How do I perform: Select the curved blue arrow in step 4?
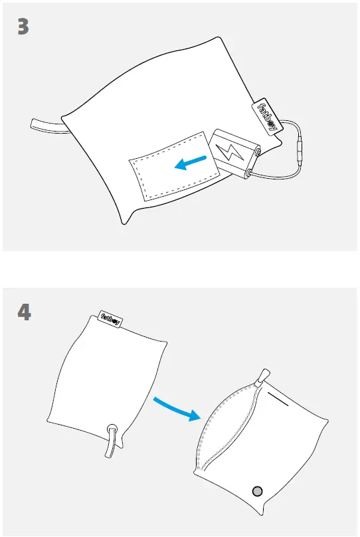[175, 409]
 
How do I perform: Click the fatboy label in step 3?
[266, 117]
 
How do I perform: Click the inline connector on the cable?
[301, 150]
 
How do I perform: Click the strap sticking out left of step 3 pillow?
[46, 124]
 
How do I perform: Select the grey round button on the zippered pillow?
[258, 491]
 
